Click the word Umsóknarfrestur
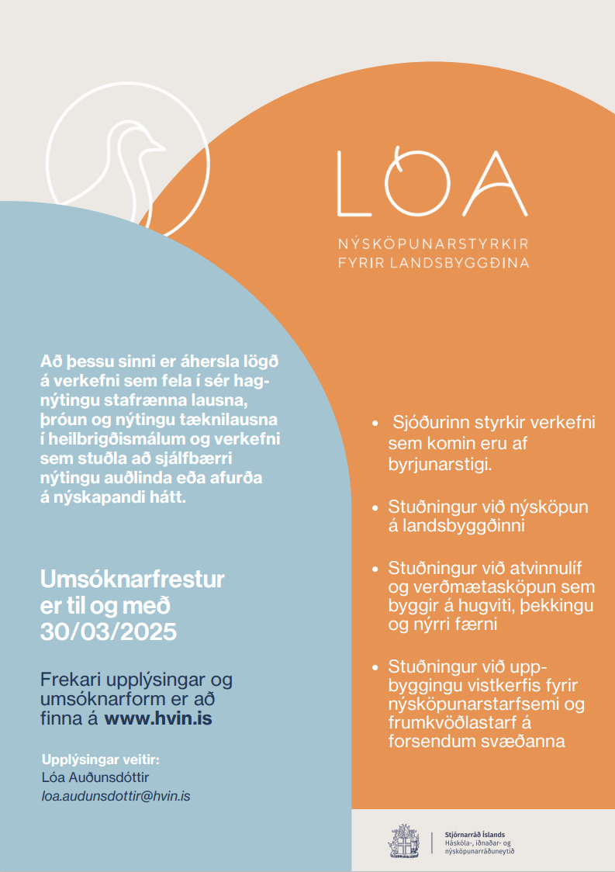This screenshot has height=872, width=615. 132,579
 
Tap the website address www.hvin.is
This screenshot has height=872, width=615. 158,719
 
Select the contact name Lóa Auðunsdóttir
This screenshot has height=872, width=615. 95,777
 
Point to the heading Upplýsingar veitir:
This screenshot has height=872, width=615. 105,758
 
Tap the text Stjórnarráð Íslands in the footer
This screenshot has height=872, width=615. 476,834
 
